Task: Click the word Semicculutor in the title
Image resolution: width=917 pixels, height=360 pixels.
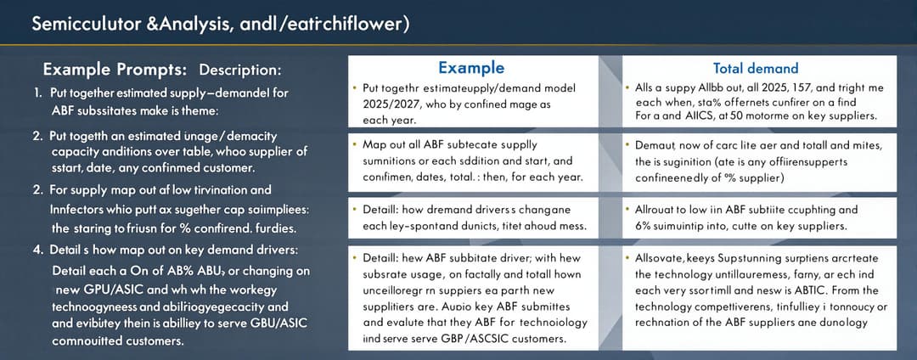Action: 76,24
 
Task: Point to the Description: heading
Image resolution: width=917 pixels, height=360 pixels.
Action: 240,70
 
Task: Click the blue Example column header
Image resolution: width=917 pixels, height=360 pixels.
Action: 470,68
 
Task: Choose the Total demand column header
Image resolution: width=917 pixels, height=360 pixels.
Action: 756,68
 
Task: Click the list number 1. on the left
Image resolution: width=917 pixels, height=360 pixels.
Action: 37,92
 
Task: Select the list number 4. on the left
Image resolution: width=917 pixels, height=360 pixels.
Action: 37,249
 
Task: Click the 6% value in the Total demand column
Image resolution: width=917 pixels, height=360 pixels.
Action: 644,225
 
